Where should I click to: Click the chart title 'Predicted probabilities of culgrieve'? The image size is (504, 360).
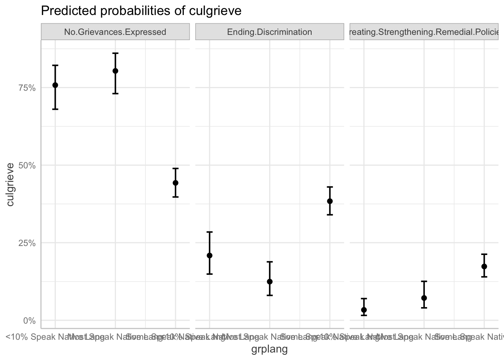tap(141, 11)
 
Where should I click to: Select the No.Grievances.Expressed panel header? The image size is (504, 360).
tap(115, 32)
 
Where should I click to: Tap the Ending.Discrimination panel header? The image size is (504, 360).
tap(269, 32)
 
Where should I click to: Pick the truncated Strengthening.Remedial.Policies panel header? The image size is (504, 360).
tap(424, 32)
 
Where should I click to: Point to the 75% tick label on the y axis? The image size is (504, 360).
tap(27, 88)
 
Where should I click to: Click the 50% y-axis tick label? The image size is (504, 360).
tap(27, 165)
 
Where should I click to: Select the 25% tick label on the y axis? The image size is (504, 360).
tap(27, 243)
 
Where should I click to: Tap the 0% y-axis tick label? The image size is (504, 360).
tap(29, 321)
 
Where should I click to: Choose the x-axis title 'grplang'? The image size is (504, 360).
tap(269, 349)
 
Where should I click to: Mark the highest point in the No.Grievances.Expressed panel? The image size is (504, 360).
tap(115, 71)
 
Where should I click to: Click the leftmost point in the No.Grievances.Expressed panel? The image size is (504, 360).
tap(55, 85)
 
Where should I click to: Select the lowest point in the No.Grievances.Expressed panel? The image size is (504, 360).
tap(175, 183)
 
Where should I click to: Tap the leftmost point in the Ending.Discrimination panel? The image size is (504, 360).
tap(210, 255)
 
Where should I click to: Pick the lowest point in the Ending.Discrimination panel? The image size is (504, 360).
tap(270, 282)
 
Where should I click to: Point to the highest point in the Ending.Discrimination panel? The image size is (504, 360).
tap(330, 201)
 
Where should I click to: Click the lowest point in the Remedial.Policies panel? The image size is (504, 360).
tap(364, 310)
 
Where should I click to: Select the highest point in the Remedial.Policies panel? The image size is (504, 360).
tap(484, 266)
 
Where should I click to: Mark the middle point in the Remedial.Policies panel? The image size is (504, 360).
tap(424, 298)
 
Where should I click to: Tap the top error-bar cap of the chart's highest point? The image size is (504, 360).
tap(115, 53)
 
